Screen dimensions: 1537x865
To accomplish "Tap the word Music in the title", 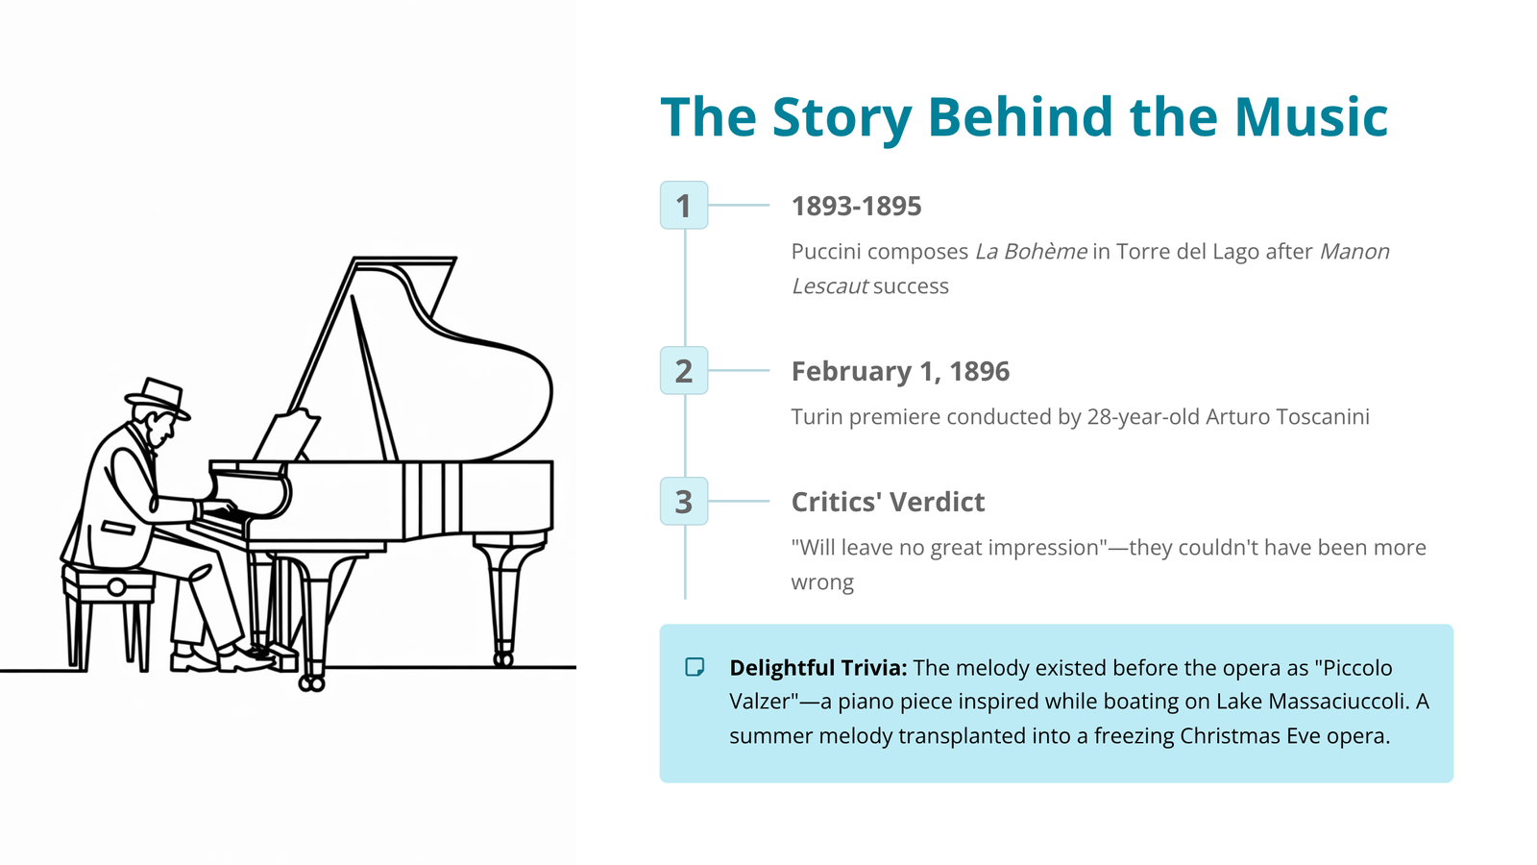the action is [1311, 116].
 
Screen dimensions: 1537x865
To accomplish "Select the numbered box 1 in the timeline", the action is [684, 206].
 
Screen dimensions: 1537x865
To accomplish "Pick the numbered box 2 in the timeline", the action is [684, 371].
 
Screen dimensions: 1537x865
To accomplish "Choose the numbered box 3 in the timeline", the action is [684, 501].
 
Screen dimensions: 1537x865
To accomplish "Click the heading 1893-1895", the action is [856, 206].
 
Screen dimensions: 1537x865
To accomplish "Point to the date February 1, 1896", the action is [900, 371].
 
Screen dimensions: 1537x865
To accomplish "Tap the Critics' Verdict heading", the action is [888, 502].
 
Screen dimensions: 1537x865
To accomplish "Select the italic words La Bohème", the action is [1031, 251].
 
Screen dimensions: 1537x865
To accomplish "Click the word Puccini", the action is [826, 251].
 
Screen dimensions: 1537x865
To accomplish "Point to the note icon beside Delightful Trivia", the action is [695, 667].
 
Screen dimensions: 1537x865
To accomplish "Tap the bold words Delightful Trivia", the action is [817, 667].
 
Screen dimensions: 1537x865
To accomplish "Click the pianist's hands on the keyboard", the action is [218, 508].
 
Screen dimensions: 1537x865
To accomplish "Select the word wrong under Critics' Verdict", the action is [822, 582].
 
